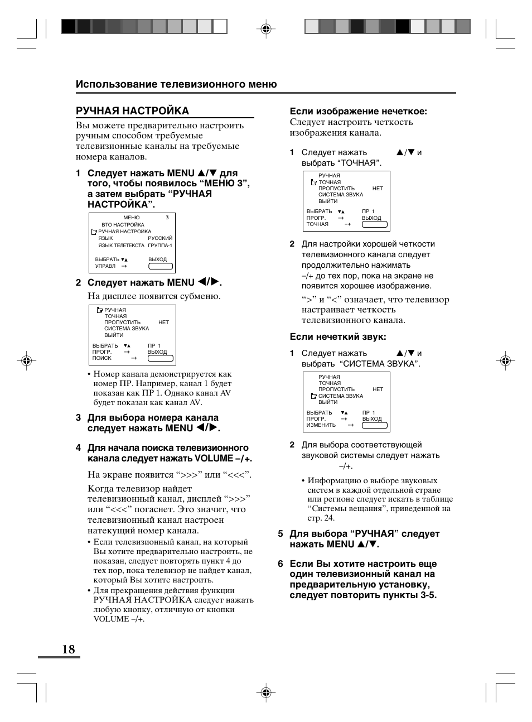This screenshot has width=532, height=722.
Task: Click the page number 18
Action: coord(68,649)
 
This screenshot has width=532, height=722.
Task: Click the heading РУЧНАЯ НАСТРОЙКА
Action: coord(132,111)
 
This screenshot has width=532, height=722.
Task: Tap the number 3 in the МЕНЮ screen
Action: coord(167,218)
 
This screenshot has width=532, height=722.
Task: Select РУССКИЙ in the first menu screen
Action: coord(160,238)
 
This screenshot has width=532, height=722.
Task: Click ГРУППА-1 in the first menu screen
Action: coord(160,246)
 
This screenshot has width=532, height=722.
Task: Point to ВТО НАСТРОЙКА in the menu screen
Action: coord(123,225)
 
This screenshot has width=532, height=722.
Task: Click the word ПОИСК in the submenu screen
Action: coord(102,358)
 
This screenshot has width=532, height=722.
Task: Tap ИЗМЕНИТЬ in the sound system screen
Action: coord(321,425)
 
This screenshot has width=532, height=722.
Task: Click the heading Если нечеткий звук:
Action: coord(338,336)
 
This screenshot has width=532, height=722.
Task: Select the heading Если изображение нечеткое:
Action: coord(358,111)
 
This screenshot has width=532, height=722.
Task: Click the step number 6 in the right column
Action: coord(280,564)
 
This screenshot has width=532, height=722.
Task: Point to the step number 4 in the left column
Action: coord(79,448)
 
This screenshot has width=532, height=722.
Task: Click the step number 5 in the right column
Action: coord(280,534)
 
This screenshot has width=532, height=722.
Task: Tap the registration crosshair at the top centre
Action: coord(266,29)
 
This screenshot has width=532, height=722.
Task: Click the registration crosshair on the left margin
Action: coord(26,361)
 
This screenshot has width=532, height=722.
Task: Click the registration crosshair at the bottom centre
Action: coord(266,692)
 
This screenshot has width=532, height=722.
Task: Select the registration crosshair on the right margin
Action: coord(505,361)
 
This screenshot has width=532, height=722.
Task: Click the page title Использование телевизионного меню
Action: coord(176,84)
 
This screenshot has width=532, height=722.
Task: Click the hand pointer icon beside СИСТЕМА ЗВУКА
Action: coord(313,396)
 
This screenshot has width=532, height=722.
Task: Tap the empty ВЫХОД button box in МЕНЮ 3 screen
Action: coord(161,266)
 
